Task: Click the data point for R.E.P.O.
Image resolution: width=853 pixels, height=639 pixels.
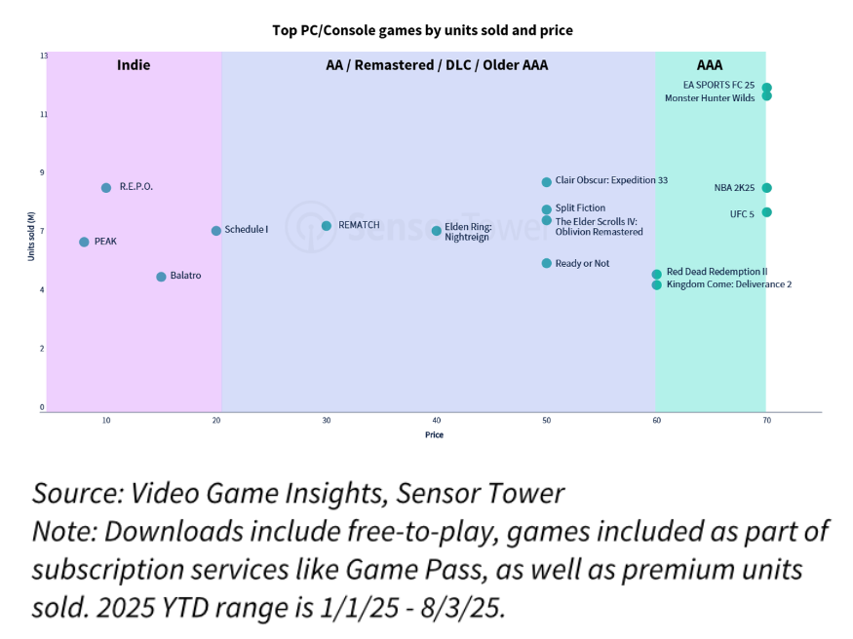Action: (x=106, y=188)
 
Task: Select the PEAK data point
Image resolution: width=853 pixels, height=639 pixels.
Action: (x=84, y=242)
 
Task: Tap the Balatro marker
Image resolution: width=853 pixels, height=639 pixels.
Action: (x=161, y=277)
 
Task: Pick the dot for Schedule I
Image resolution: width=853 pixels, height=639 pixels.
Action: (x=216, y=231)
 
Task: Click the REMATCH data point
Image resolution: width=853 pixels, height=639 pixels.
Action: (x=327, y=226)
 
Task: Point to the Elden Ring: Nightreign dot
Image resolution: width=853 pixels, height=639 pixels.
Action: (x=437, y=231)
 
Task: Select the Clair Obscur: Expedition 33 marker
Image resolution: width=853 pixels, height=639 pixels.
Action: (x=547, y=182)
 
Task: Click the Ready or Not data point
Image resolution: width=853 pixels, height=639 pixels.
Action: (x=547, y=263)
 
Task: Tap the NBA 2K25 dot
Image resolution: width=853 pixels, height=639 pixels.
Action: (x=767, y=188)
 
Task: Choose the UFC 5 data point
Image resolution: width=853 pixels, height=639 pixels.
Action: (x=767, y=212)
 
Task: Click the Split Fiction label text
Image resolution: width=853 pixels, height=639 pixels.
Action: (x=580, y=208)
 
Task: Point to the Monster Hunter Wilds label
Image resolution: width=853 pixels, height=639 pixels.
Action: (x=710, y=98)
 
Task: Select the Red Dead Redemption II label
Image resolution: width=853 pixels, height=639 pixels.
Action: (x=717, y=272)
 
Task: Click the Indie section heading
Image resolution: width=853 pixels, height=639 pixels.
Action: (x=134, y=66)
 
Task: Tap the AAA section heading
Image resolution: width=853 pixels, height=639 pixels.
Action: (x=710, y=66)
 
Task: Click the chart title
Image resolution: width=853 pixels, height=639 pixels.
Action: (x=422, y=30)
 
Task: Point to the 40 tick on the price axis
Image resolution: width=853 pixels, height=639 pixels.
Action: (x=437, y=421)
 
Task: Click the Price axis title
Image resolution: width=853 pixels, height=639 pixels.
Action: (x=434, y=435)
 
